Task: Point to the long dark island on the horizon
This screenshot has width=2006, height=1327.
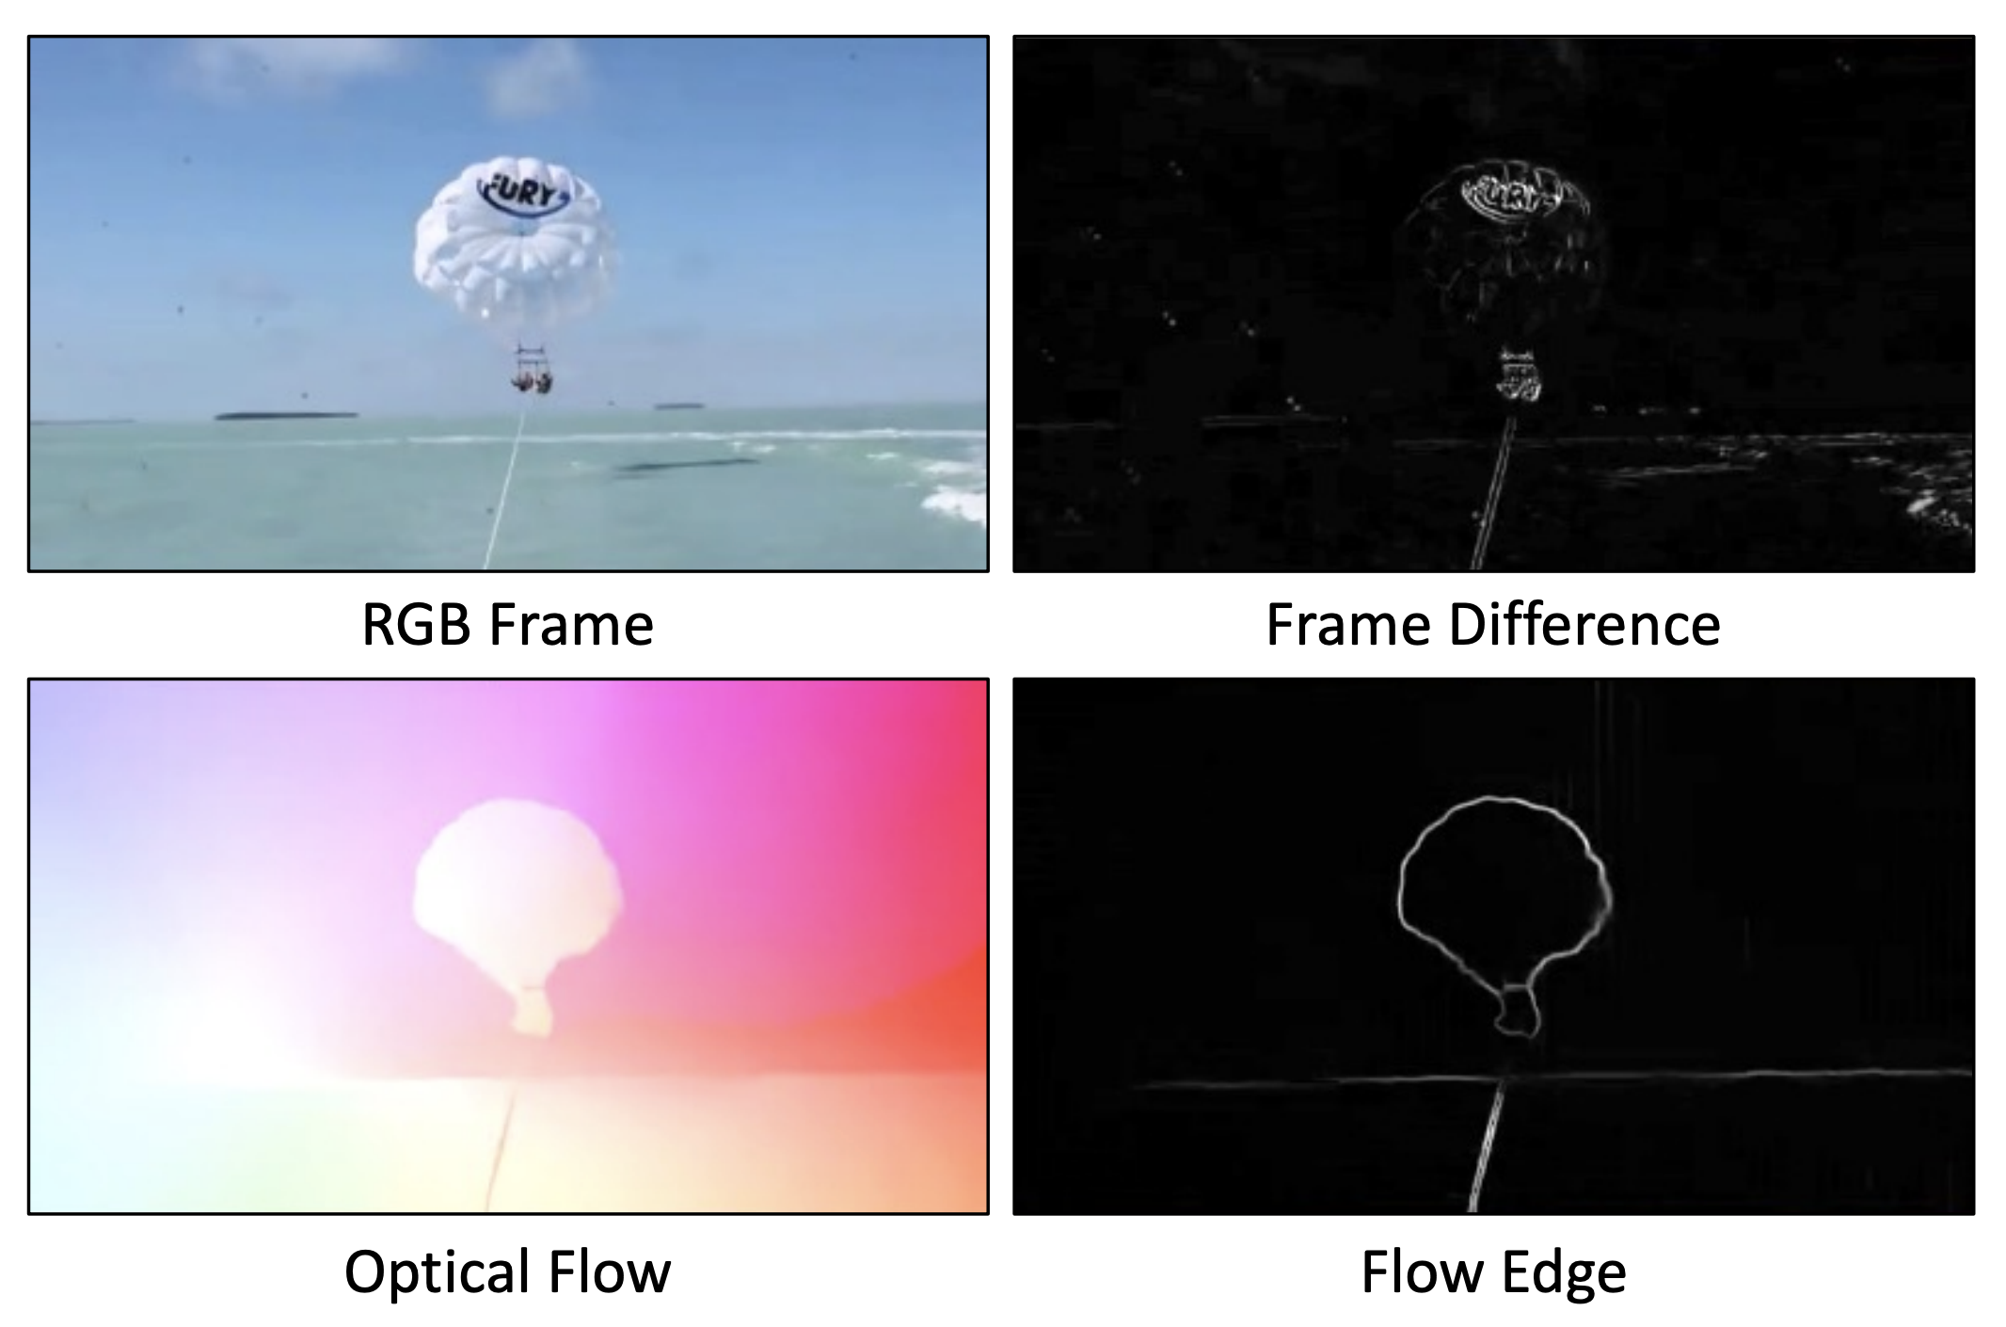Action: coord(286,414)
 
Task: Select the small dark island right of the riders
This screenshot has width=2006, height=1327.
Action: coord(679,407)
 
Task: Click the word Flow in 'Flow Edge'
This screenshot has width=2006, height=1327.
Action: coord(1425,1271)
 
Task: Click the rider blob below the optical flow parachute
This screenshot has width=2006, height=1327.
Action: coord(533,1013)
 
